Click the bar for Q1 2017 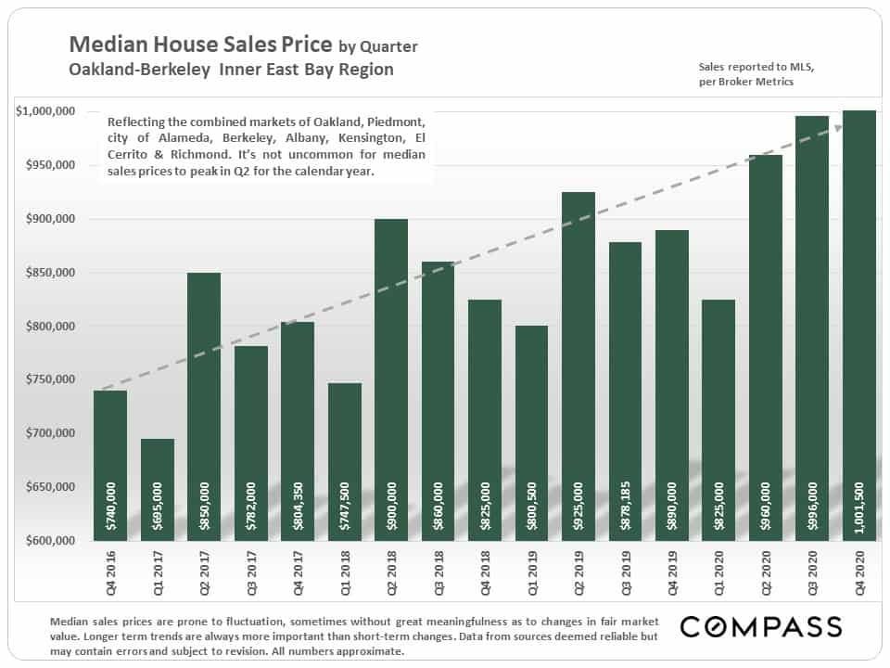[x=158, y=490]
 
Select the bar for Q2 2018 [x=391, y=380]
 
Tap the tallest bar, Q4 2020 [x=859, y=326]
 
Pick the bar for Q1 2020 [x=718, y=420]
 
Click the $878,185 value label [x=625, y=506]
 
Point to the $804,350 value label [x=298, y=507]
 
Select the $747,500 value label [x=344, y=507]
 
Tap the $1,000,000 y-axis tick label [x=45, y=111]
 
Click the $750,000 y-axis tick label [x=50, y=379]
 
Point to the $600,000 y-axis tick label [x=50, y=541]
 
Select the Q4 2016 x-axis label [x=110, y=572]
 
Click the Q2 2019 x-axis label [x=578, y=572]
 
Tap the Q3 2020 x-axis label [x=812, y=572]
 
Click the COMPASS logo [x=761, y=627]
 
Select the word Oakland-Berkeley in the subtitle [x=140, y=70]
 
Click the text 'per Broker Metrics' [x=745, y=82]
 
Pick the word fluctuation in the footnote [x=254, y=622]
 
